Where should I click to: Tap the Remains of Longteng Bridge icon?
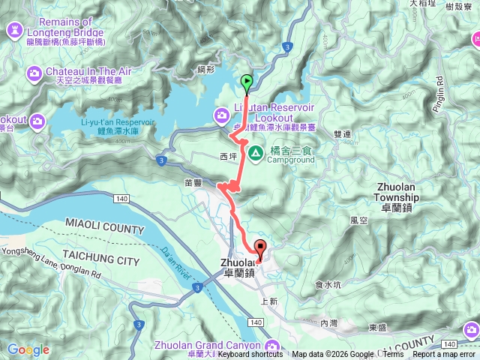click(x=14, y=28)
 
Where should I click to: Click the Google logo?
click(x=28, y=349)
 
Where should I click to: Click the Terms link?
click(x=393, y=355)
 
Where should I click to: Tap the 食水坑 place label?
click(x=328, y=284)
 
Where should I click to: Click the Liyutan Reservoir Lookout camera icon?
click(x=221, y=115)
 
